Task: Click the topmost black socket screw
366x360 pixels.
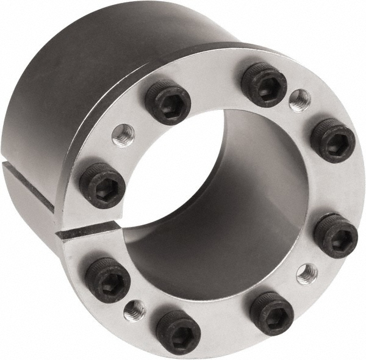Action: (264, 84)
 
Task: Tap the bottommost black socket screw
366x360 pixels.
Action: (178, 332)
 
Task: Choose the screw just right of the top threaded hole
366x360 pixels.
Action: (333, 140)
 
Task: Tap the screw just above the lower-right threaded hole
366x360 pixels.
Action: (335, 236)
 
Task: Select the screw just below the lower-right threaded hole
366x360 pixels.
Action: (271, 313)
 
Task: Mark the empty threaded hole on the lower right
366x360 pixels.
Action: (307, 273)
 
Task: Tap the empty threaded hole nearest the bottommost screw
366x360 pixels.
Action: (134, 311)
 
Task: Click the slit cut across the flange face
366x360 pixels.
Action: (85, 229)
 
